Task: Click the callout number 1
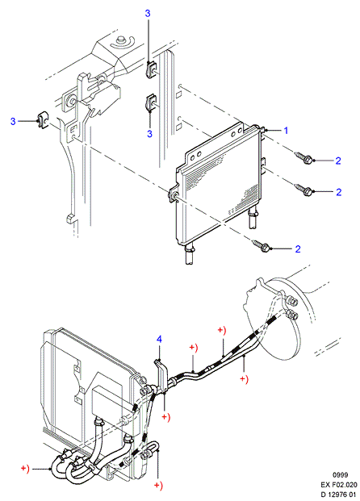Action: click(x=287, y=131)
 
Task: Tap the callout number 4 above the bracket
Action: click(x=159, y=339)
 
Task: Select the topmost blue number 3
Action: click(x=148, y=14)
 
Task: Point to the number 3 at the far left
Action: click(x=13, y=121)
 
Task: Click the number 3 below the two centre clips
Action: click(x=149, y=134)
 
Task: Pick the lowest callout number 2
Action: click(x=298, y=249)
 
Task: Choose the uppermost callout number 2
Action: click(x=338, y=161)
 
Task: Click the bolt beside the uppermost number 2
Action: click(x=304, y=158)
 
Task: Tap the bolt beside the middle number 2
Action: click(x=304, y=190)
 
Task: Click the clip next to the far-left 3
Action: click(x=43, y=120)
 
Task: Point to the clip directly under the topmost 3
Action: click(x=151, y=69)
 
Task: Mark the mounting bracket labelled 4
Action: click(x=162, y=375)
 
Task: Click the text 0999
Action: click(x=340, y=475)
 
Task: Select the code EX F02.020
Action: click(x=339, y=485)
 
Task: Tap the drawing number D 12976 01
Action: click(x=338, y=495)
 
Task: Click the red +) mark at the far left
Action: click(x=25, y=469)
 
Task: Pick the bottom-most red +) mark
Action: click(x=158, y=486)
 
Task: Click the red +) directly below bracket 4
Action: click(x=166, y=417)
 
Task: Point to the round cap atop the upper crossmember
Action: click(x=121, y=40)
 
